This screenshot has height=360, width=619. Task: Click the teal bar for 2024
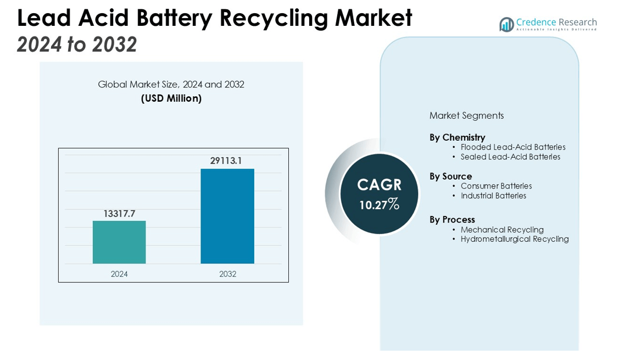tap(119, 242)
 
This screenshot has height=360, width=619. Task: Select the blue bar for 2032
tap(227, 216)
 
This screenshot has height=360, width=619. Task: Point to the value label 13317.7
tap(119, 214)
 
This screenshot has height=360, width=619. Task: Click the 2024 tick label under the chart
tap(119, 274)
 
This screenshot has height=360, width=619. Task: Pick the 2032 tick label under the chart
tap(227, 274)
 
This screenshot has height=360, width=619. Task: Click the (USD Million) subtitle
tap(171, 98)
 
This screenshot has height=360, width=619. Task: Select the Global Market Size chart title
tap(171, 85)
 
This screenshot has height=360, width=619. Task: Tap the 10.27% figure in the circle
tap(379, 205)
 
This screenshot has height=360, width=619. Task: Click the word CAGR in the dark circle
tap(379, 185)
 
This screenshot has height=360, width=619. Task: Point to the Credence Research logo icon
tap(506, 24)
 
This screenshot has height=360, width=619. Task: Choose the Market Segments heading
tap(466, 115)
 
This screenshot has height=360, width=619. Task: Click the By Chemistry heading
tap(457, 137)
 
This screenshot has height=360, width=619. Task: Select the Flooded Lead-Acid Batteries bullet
tap(512, 147)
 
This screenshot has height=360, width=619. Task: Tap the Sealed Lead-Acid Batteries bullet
tap(510, 157)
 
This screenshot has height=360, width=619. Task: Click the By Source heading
tap(450, 176)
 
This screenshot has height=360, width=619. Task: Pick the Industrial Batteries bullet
tap(493, 196)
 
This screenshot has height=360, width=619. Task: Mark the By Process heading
tap(452, 220)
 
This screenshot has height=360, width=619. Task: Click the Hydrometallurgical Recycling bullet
tap(514, 239)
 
